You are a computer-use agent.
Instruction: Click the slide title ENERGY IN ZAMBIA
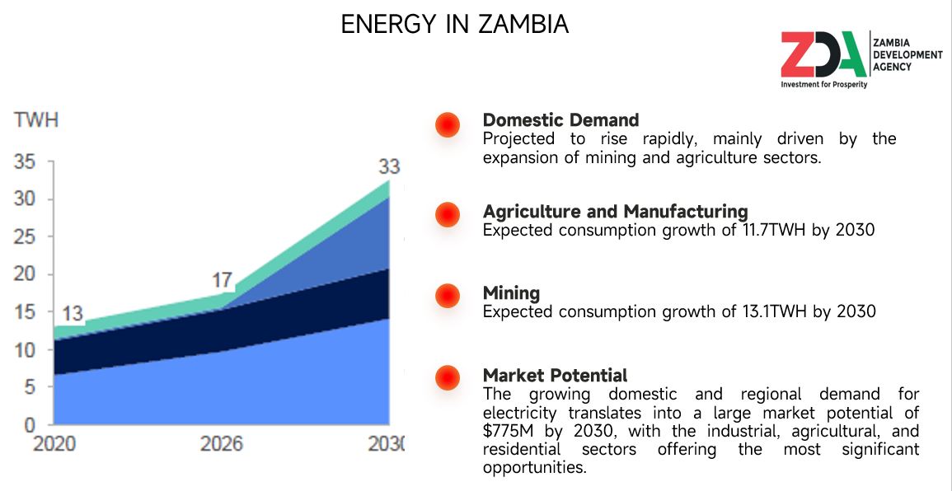[454, 25]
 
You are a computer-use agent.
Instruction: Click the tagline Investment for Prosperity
[823, 84]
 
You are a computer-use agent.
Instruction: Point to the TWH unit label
[36, 120]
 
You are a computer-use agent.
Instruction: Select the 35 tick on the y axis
[25, 162]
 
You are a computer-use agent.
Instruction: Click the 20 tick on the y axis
[25, 274]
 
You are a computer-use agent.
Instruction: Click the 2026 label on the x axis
[222, 445]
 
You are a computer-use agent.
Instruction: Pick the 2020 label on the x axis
[54, 445]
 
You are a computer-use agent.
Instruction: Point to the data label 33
[388, 167]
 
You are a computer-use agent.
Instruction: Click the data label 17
[222, 280]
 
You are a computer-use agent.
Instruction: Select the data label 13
[73, 314]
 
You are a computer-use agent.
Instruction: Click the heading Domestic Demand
[560, 120]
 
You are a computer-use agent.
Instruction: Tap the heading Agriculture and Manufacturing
[615, 211]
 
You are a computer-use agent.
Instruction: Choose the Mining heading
[511, 293]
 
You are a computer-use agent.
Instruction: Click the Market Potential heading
[555, 376]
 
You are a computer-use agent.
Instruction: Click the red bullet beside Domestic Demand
[447, 124]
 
